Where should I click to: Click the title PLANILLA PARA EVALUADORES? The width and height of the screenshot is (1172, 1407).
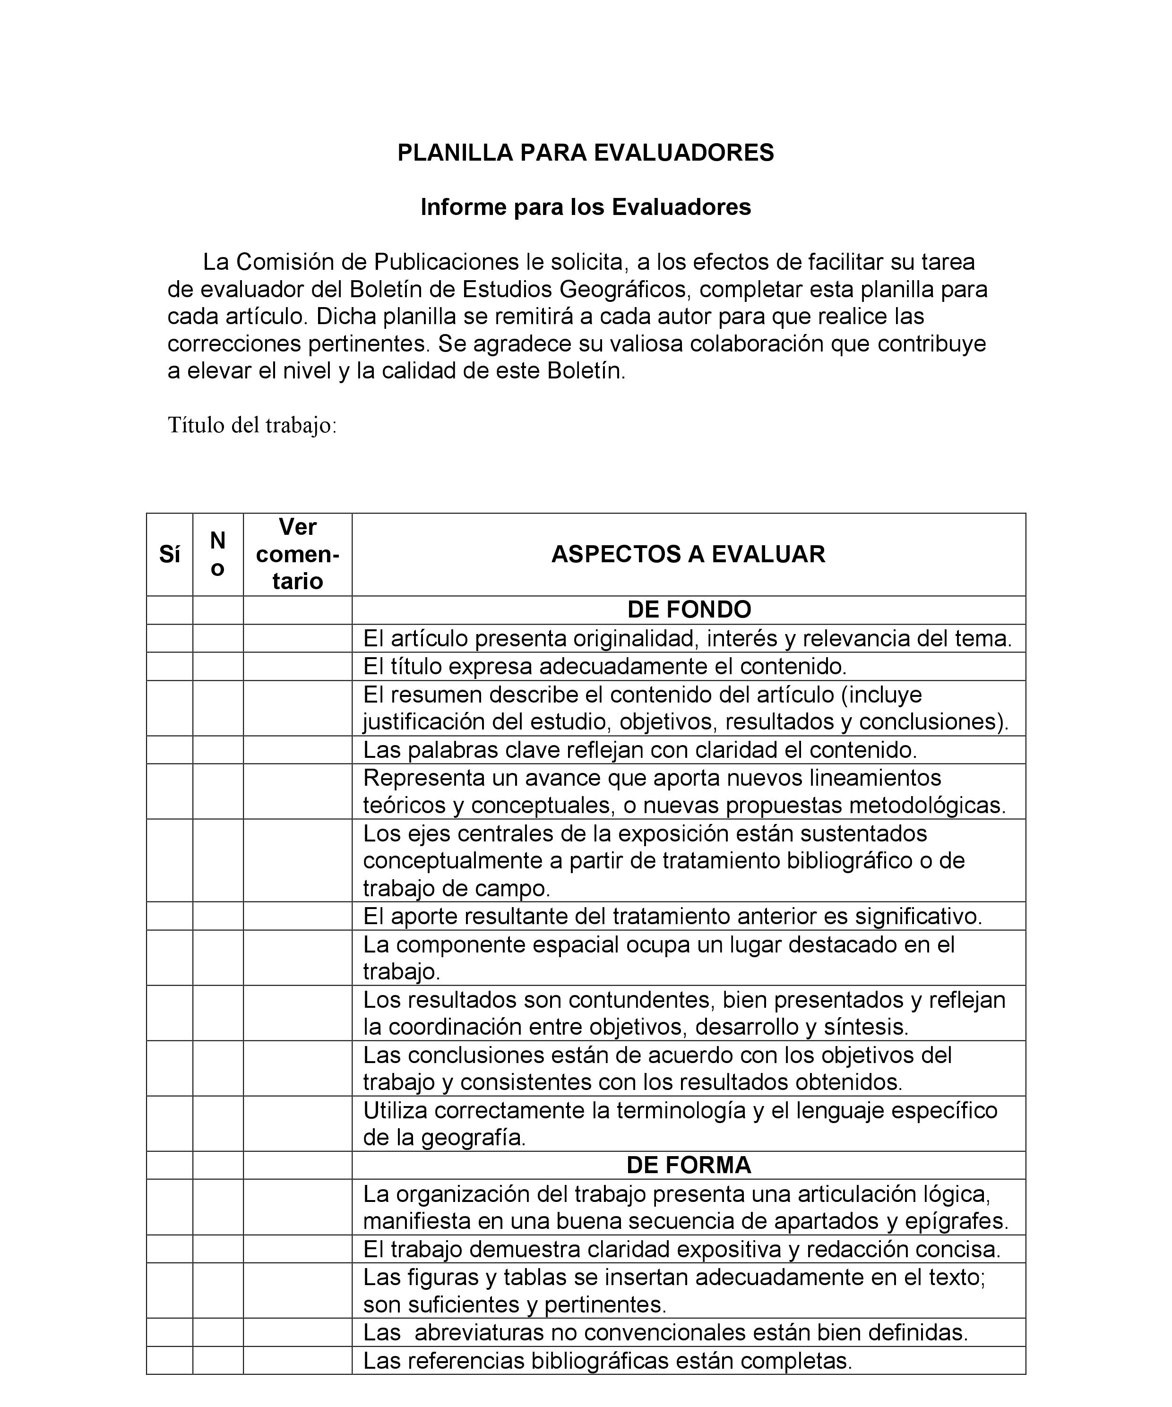585,153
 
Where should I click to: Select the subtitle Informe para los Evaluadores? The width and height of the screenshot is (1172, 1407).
585,207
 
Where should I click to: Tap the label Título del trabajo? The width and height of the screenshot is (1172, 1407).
251,425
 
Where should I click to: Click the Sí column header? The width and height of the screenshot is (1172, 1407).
170,555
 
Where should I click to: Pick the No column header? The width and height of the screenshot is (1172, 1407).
218,554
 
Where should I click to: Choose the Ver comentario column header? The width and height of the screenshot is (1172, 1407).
298,554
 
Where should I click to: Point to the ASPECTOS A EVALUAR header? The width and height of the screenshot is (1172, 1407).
688,554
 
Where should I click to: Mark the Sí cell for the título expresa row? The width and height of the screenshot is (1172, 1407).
170,667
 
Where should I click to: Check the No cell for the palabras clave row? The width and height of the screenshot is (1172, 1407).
218,750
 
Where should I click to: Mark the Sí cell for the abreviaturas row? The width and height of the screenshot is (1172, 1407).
170,1333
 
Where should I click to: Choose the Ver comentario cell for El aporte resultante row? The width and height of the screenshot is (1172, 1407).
298,916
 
